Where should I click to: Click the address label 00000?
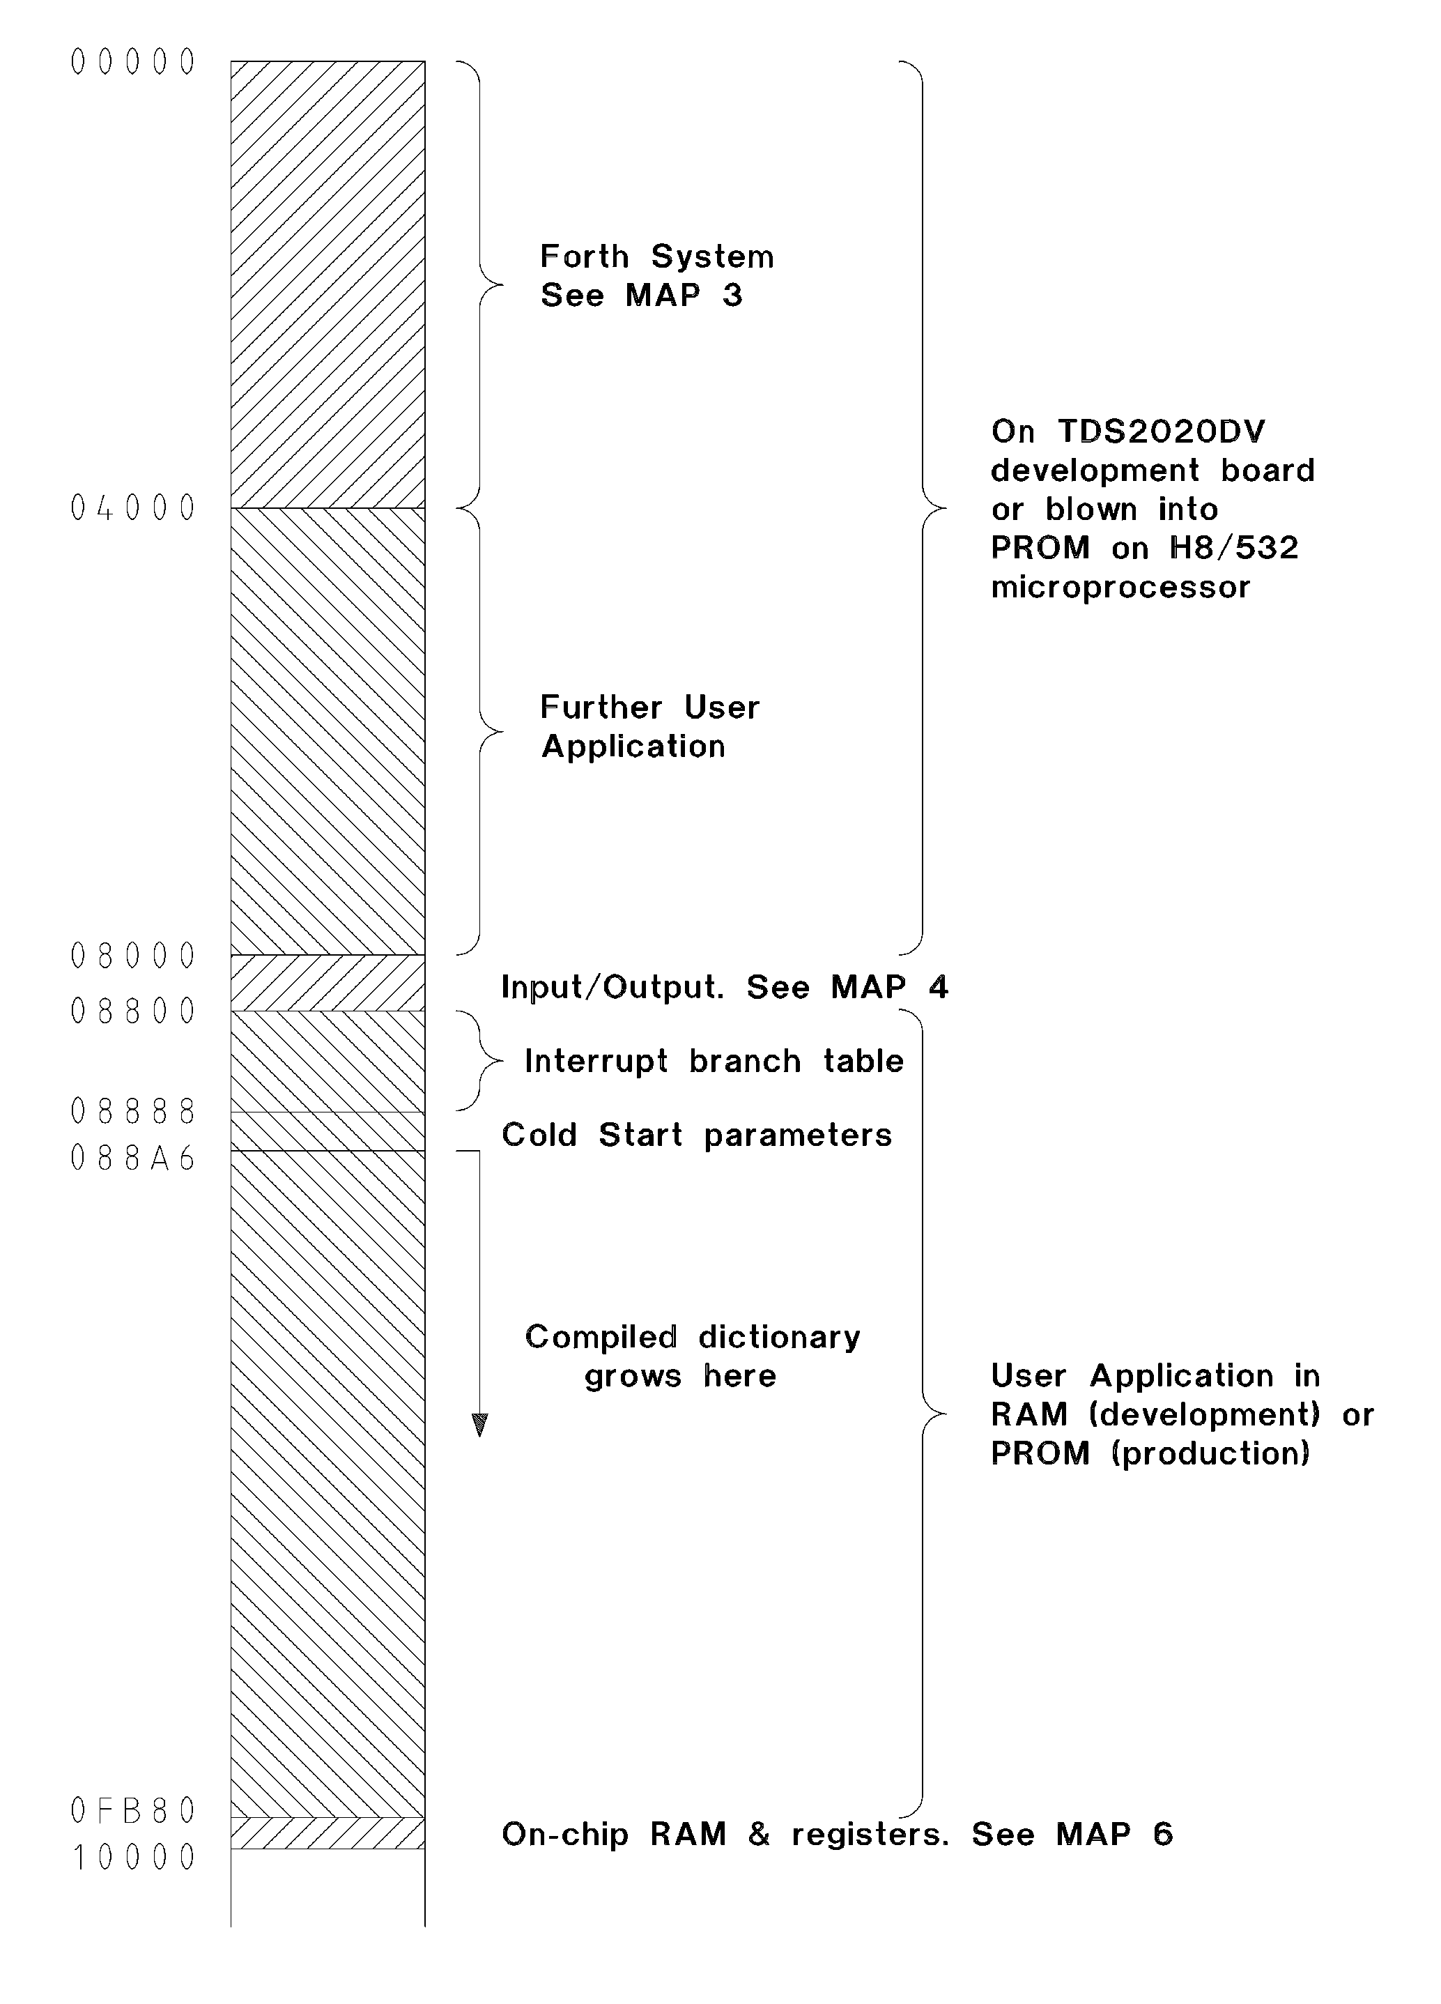132,63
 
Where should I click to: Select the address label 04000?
132,508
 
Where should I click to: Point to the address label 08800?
132,1011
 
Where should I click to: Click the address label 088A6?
132,1158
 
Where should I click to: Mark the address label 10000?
132,1858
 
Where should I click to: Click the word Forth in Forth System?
585,257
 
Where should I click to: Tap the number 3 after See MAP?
732,295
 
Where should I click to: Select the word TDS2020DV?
1162,431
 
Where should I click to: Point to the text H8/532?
1234,548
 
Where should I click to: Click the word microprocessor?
1120,588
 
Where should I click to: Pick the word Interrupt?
596,1061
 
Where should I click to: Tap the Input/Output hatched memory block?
327,983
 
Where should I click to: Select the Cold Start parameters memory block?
327,1131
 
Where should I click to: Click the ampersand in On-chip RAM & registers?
759,1835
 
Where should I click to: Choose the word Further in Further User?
601,707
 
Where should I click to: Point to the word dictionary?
779,1338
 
